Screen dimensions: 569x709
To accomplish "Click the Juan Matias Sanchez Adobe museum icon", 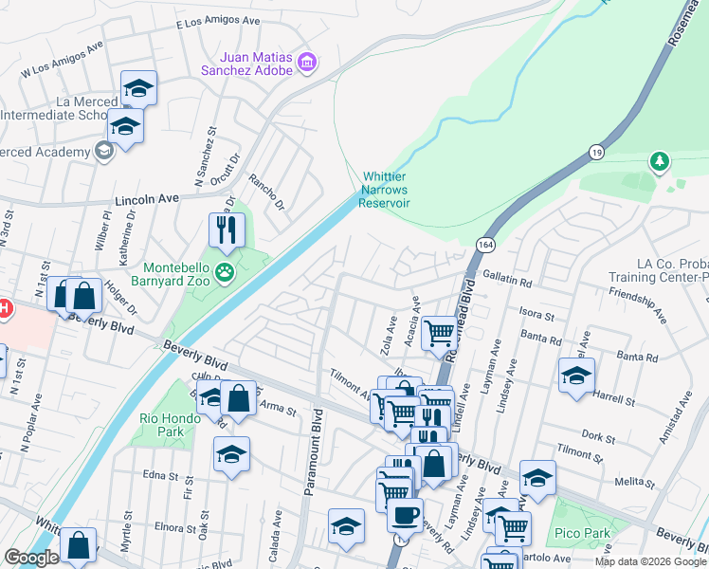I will pos(306,64).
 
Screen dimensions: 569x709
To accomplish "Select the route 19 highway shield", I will pos(595,151).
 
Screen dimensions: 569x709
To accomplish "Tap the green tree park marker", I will pos(659,162).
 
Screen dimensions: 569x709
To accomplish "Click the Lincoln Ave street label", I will pos(146,201).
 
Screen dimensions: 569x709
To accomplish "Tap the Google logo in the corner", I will pos(31,558).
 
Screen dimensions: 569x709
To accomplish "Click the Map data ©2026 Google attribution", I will pos(650,561).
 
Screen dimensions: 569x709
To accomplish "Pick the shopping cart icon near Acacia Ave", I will pos(439,333).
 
